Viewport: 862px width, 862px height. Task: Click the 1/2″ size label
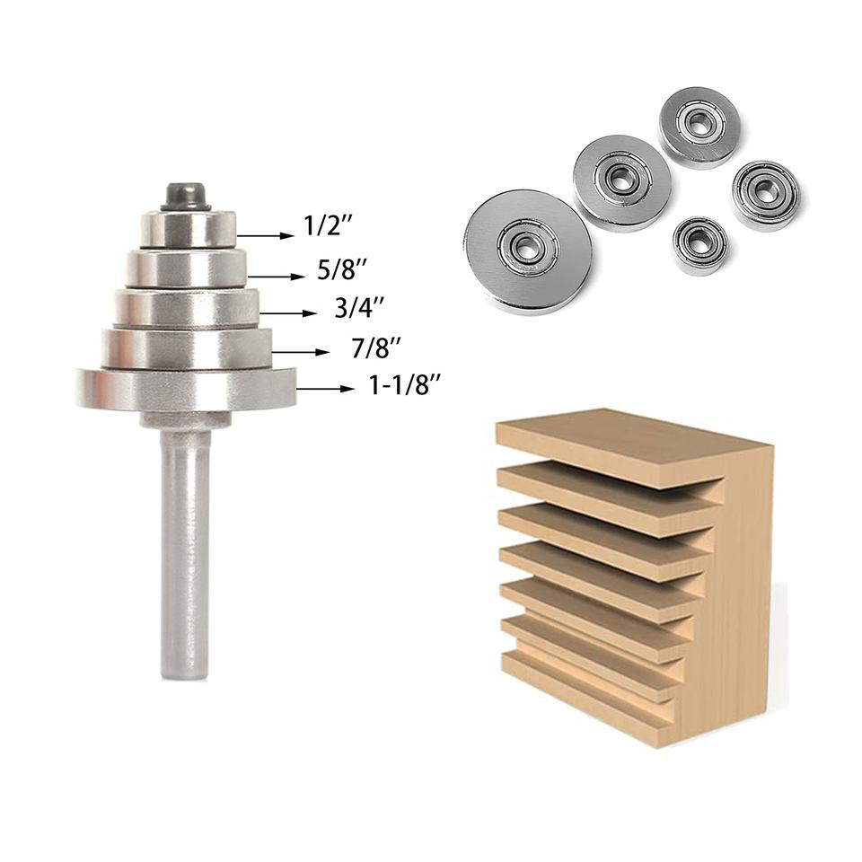pos(329,225)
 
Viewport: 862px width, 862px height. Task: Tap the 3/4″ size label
pos(359,308)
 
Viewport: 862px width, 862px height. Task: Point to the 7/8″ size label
pos(376,348)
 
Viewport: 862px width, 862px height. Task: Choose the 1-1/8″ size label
pos(406,385)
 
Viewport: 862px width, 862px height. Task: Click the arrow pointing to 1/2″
pos(266,236)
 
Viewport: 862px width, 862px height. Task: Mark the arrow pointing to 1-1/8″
pos(325,389)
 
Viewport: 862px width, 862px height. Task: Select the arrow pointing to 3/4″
pos(288,314)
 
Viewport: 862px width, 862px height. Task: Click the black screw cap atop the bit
pos(186,197)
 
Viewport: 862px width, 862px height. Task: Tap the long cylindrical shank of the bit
pos(186,554)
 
